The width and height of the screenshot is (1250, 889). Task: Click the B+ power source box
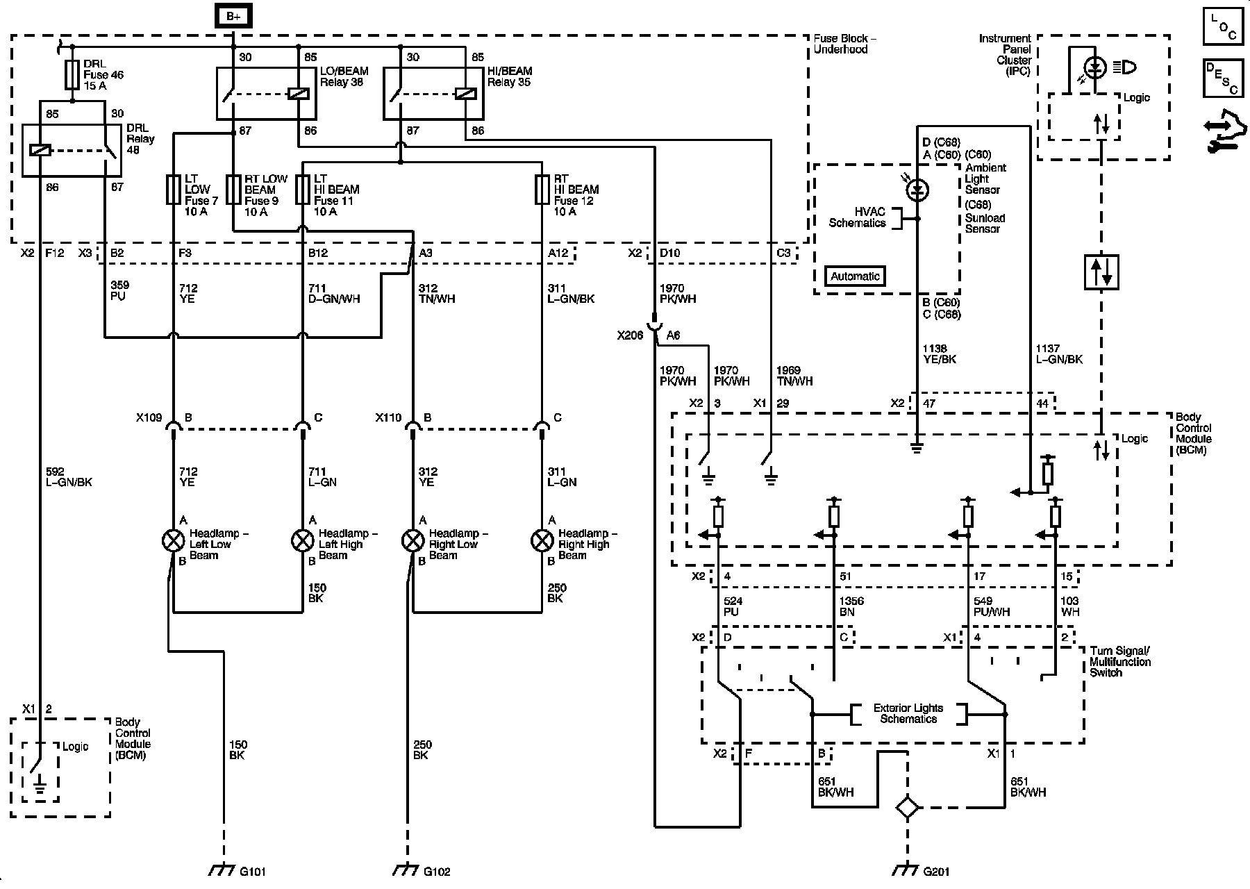click(x=233, y=16)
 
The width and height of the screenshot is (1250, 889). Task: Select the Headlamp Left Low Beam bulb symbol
click(x=173, y=540)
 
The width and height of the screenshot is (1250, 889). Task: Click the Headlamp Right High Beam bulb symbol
click(x=542, y=540)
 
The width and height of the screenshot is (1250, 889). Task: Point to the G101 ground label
click(x=252, y=872)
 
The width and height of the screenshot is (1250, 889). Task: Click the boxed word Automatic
click(x=855, y=276)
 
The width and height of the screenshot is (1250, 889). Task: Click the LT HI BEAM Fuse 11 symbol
click(x=302, y=190)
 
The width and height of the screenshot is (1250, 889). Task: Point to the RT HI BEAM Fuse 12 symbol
click(x=542, y=190)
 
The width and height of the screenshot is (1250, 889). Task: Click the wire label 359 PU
click(x=119, y=290)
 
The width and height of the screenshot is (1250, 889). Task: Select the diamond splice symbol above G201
click(x=907, y=808)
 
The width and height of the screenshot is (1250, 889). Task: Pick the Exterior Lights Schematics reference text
click(x=908, y=713)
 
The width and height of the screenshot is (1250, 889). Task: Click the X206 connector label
click(x=631, y=335)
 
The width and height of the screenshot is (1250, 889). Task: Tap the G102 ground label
click(x=436, y=872)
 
